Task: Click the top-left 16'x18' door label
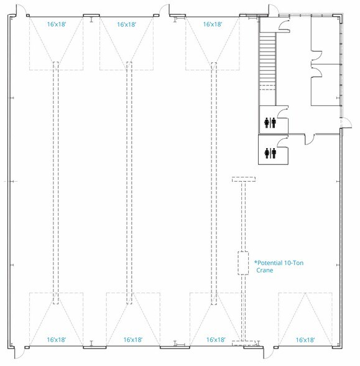(x=57, y=24)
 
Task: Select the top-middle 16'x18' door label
(x=126, y=24)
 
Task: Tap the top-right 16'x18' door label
(x=213, y=24)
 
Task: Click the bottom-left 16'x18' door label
(x=57, y=340)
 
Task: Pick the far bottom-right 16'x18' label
(x=305, y=340)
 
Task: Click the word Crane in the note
(x=265, y=270)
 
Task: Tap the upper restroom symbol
(x=270, y=123)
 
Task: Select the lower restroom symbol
(x=270, y=153)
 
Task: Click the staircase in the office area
(x=267, y=61)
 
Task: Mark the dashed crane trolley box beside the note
(x=243, y=263)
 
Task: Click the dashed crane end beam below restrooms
(x=244, y=179)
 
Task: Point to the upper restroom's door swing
(x=282, y=113)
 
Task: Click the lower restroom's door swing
(x=282, y=143)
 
